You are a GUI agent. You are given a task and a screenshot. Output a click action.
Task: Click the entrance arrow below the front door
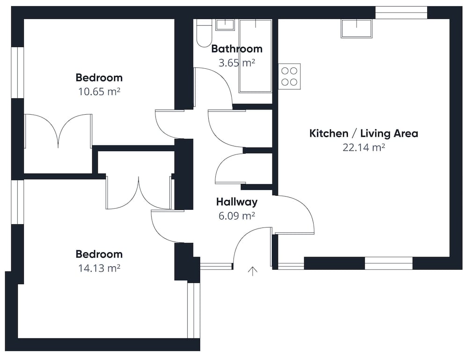click(253, 271)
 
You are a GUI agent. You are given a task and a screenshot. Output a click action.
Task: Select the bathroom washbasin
click(225, 24)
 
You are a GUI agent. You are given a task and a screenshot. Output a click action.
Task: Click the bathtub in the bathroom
click(256, 56)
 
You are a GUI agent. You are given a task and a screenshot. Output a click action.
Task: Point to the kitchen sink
click(357, 29)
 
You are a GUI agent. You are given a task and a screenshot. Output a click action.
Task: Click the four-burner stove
click(290, 76)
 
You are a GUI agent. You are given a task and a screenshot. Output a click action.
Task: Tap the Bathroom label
click(237, 49)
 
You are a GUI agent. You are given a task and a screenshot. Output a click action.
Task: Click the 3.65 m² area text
click(237, 63)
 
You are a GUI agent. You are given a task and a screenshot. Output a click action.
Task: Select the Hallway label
click(237, 202)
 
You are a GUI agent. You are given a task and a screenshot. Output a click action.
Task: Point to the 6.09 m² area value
click(237, 215)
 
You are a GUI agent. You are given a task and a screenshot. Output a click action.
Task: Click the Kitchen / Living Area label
click(364, 133)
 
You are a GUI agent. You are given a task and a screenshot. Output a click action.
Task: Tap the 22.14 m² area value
click(364, 147)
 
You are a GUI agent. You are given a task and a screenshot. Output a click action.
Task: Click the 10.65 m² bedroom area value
click(99, 91)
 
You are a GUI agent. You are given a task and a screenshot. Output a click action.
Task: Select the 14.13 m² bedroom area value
click(99, 268)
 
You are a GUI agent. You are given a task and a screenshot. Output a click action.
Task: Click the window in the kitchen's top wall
click(401, 13)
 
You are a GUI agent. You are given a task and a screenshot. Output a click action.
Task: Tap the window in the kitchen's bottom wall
click(388, 263)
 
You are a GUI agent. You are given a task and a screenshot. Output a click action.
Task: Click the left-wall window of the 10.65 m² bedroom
click(17, 73)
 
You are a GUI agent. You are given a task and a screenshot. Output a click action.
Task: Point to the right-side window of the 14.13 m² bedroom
click(194, 310)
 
